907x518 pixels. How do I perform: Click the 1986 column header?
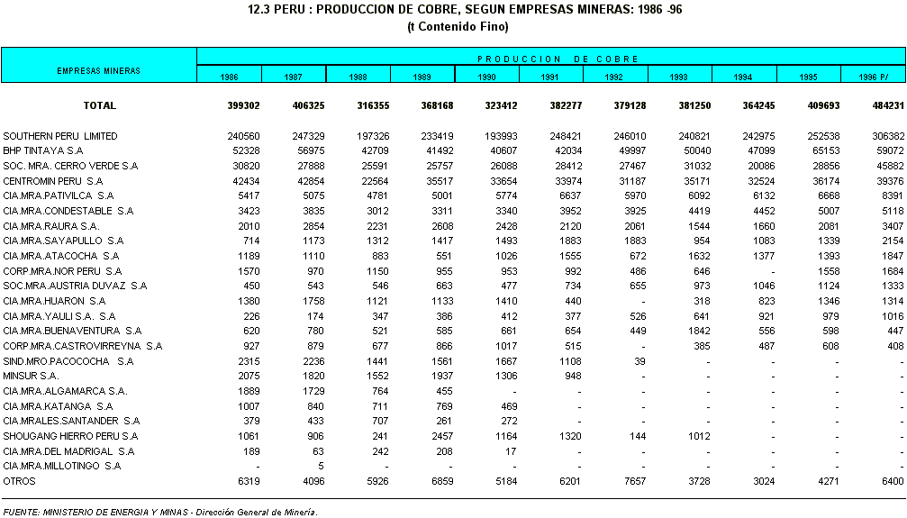(x=229, y=77)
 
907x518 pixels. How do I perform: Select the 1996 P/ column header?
(x=873, y=77)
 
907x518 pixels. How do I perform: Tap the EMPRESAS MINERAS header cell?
(x=98, y=69)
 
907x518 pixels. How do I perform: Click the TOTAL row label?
(x=99, y=105)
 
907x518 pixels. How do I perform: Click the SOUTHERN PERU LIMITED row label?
(x=60, y=136)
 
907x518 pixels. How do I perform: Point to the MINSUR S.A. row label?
(x=31, y=376)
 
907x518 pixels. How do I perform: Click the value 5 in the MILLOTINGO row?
(x=322, y=466)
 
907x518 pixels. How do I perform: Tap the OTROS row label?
(x=19, y=481)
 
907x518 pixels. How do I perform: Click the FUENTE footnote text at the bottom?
(x=160, y=512)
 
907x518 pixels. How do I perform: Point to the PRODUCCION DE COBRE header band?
(x=550, y=59)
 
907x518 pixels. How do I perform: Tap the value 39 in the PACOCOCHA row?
(x=640, y=361)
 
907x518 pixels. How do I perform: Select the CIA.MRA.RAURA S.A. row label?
(x=50, y=226)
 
